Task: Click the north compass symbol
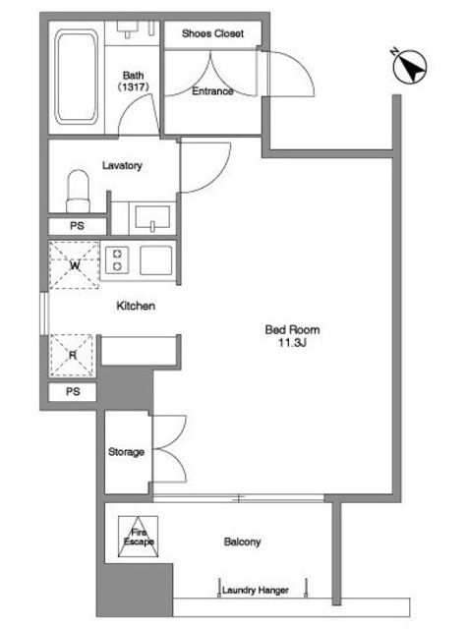(409, 67)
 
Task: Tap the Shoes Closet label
(212, 33)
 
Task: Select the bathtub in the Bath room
(77, 77)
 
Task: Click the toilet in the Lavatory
(78, 191)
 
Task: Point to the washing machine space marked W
(74, 264)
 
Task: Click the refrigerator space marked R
(72, 356)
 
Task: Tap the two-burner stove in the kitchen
(117, 259)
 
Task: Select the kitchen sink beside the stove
(155, 259)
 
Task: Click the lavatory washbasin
(152, 218)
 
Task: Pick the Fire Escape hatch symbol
(138, 537)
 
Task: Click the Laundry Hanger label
(256, 590)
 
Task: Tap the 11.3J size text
(292, 343)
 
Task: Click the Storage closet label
(126, 452)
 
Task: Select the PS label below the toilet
(77, 226)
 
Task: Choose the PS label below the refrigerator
(73, 391)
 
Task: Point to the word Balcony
(242, 543)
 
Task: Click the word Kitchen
(136, 306)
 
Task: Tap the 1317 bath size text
(133, 86)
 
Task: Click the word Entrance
(212, 91)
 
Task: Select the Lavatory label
(122, 166)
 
